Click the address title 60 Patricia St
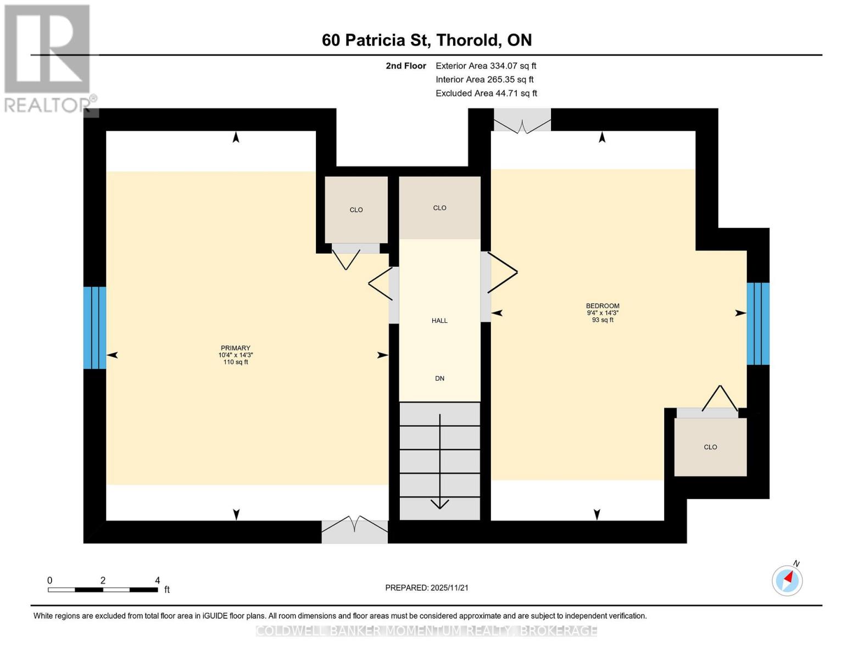(x=427, y=40)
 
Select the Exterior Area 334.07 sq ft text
(x=486, y=66)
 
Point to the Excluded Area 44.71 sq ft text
(x=486, y=93)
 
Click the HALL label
(x=439, y=321)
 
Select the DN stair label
(x=439, y=378)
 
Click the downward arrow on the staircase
(x=440, y=461)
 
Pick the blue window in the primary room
(x=94, y=328)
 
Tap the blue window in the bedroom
(x=758, y=323)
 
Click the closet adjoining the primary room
(x=356, y=210)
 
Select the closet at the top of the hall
(x=439, y=208)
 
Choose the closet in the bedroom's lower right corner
(x=710, y=447)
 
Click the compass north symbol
(x=787, y=580)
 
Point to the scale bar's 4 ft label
(x=158, y=580)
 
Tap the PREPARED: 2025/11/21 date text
(x=427, y=588)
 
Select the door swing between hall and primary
(x=381, y=284)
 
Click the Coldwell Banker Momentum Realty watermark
(x=427, y=631)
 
